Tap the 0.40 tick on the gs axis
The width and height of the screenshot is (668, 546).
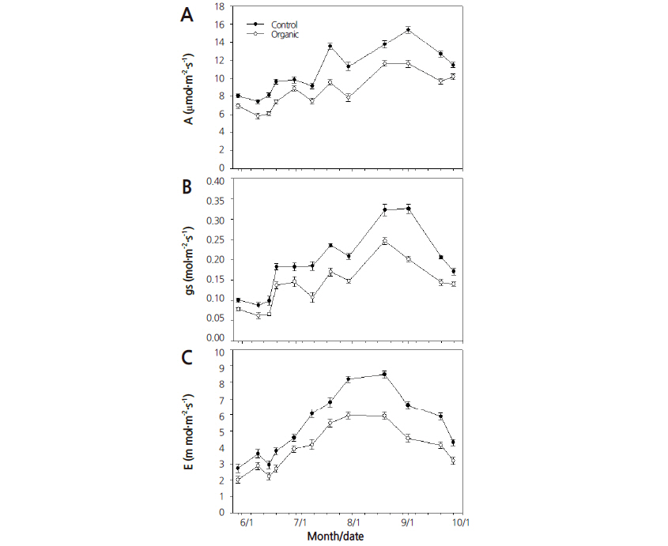click(214, 180)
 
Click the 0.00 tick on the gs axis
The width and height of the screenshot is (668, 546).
click(214, 337)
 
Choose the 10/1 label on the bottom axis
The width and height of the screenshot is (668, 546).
click(461, 522)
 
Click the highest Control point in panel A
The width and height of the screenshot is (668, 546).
click(408, 30)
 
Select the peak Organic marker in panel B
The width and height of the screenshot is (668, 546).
click(384, 241)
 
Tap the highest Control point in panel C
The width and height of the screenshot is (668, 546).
click(384, 374)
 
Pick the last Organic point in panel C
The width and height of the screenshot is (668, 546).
click(453, 461)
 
